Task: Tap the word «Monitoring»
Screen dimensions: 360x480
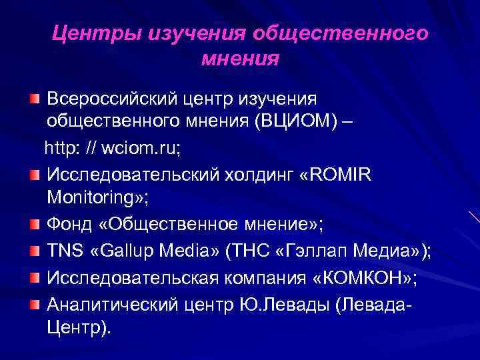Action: point(93,198)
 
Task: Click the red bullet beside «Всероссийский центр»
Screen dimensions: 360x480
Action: point(34,98)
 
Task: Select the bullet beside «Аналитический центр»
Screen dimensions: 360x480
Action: point(34,304)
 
